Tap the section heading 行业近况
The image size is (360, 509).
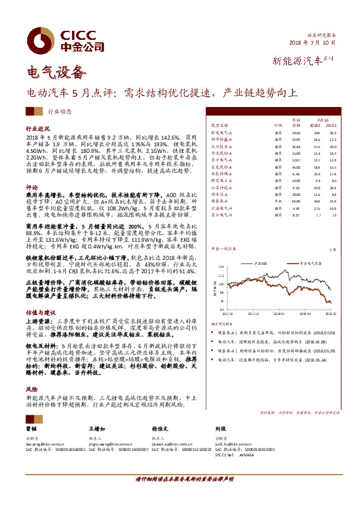click(x=38, y=129)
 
